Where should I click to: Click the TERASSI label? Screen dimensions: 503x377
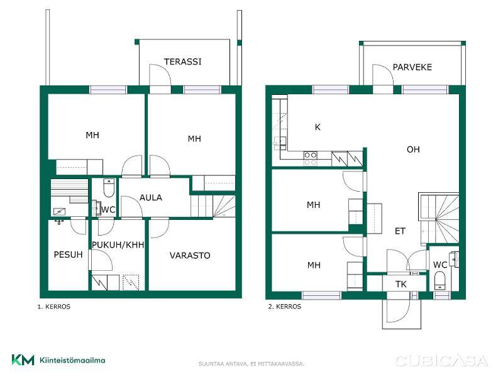click(x=183, y=62)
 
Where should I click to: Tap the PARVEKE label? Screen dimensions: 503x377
click(x=412, y=67)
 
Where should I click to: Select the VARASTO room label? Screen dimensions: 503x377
click(x=190, y=256)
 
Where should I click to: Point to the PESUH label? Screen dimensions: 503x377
click(x=68, y=254)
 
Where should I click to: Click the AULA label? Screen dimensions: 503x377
click(x=151, y=197)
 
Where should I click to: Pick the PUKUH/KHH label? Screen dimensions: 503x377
click(x=118, y=245)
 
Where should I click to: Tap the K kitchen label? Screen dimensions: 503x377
click(x=318, y=128)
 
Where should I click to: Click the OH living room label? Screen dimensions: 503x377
click(x=413, y=150)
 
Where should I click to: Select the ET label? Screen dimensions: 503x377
click(x=400, y=231)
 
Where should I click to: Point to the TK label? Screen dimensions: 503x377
click(x=401, y=284)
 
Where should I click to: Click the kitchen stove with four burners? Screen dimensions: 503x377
click(x=310, y=159)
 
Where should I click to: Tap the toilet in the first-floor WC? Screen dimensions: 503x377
click(x=109, y=188)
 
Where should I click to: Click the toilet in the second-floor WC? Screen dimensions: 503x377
click(x=439, y=281)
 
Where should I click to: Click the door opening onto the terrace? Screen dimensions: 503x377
click(x=160, y=79)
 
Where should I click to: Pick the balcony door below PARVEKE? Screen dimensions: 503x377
click(x=383, y=79)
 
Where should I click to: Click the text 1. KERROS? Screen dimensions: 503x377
click(x=54, y=307)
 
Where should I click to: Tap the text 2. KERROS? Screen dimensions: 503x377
click(x=285, y=307)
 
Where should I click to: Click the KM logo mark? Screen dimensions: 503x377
click(x=23, y=360)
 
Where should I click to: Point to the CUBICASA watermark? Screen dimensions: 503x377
click(x=442, y=361)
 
